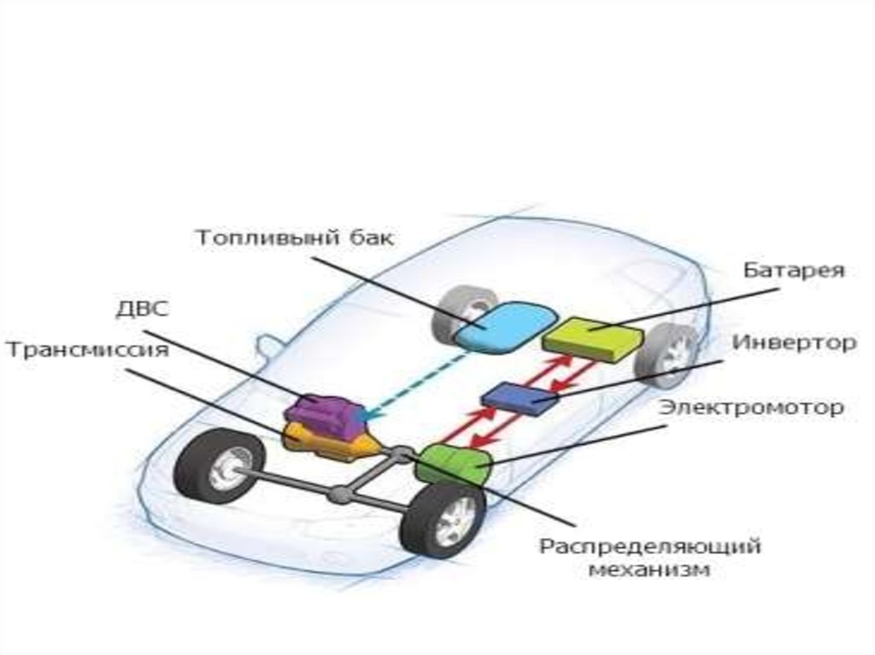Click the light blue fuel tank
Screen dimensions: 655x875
(502, 326)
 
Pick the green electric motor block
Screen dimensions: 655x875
(456, 465)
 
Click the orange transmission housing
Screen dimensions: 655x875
(329, 442)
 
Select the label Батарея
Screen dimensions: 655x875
(793, 272)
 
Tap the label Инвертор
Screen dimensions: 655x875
(793, 343)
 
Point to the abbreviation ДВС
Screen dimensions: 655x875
(142, 309)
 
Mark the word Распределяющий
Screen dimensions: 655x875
(649, 545)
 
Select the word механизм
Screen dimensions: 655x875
(649, 570)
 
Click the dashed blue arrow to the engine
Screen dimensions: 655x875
(410, 381)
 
